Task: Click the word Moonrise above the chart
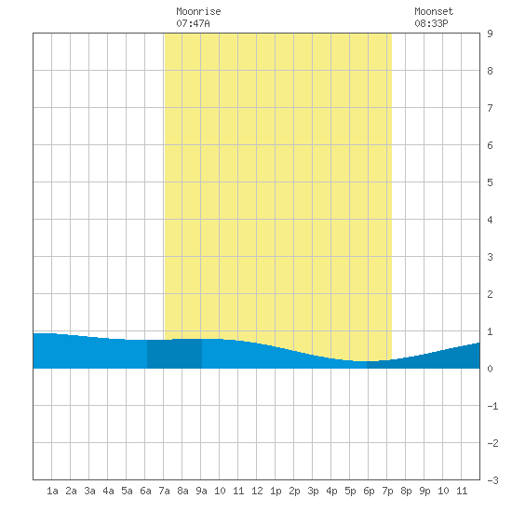click(x=198, y=11)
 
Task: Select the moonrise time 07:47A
click(x=193, y=23)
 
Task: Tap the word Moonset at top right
click(x=434, y=11)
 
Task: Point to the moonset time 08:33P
click(x=431, y=23)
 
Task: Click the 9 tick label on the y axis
click(x=490, y=34)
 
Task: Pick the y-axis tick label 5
click(x=490, y=182)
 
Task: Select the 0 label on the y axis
click(x=490, y=369)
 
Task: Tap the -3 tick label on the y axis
click(x=492, y=480)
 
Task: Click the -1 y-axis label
click(x=492, y=406)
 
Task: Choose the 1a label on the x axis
click(x=52, y=491)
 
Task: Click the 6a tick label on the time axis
click(x=145, y=491)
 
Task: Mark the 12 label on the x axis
click(x=257, y=491)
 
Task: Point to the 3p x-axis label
click(x=313, y=491)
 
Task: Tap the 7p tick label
click(x=387, y=491)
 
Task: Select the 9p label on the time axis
click(x=424, y=491)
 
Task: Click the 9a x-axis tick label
click(x=201, y=491)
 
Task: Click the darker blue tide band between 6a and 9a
click(x=174, y=354)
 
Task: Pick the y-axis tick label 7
click(x=490, y=108)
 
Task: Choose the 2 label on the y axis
click(x=490, y=294)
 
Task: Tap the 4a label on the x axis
click(x=108, y=491)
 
